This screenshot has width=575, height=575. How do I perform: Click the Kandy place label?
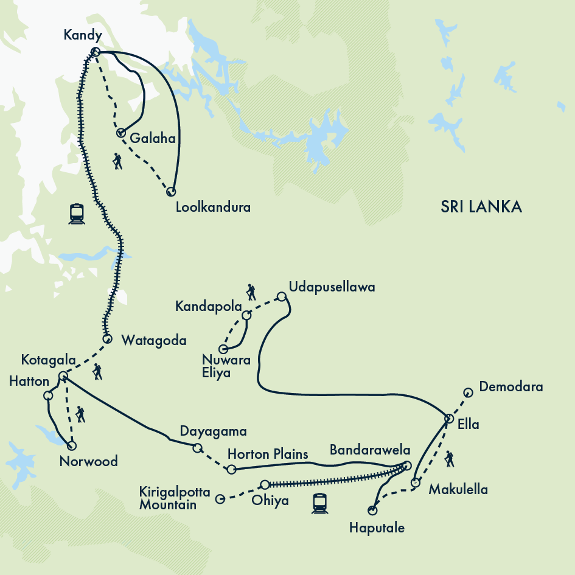click(82, 36)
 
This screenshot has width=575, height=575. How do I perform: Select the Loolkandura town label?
click(212, 207)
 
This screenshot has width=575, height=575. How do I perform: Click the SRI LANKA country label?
click(481, 207)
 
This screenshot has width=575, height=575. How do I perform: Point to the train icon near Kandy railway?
click(77, 214)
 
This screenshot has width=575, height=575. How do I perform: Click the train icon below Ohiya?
click(319, 503)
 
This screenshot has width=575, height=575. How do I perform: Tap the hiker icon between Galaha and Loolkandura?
click(117, 161)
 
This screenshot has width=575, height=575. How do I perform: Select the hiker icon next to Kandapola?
click(250, 292)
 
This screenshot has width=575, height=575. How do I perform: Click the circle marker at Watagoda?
click(107, 338)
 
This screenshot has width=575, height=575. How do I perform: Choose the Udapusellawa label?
click(332, 286)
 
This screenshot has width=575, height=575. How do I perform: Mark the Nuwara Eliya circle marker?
click(223, 349)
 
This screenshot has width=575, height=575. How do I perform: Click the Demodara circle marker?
click(467, 392)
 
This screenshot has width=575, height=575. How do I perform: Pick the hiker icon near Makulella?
click(449, 459)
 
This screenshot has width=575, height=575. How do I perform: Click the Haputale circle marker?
click(372, 511)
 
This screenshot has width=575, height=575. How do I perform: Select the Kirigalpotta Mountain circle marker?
click(221, 498)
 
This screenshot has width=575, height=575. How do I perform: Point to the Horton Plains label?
click(268, 455)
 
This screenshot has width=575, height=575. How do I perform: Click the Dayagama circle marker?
click(197, 448)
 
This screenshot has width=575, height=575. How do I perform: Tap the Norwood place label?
click(88, 462)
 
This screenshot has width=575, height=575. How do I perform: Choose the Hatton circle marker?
click(49, 396)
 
